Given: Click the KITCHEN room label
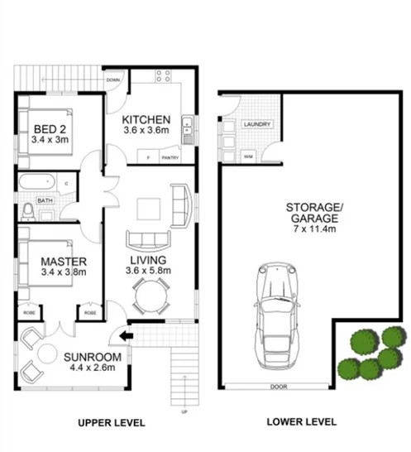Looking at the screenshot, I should click(146, 118).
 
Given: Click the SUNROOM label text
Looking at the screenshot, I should click(93, 358).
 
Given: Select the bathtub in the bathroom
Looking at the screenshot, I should click(36, 180).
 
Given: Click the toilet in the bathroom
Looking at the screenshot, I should click(28, 211).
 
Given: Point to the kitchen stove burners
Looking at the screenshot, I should click(162, 76).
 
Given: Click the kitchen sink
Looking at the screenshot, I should click(189, 127).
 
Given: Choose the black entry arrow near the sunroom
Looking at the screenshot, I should click(125, 336).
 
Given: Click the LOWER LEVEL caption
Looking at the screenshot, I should click(302, 422).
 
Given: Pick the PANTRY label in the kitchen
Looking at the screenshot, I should click(170, 157).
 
